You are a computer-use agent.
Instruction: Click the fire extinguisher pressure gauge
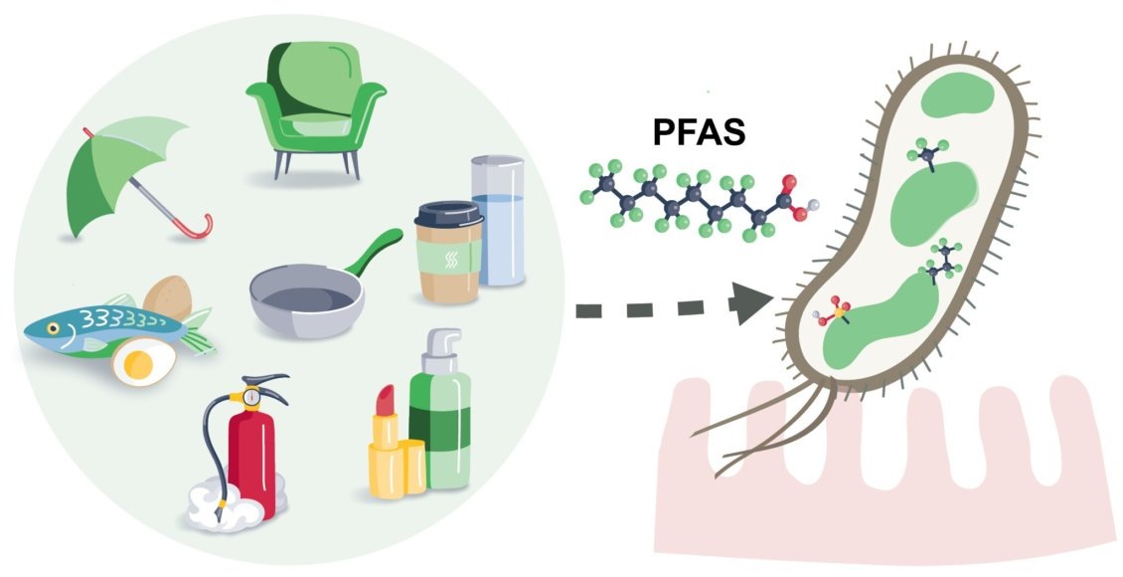(x=251, y=397)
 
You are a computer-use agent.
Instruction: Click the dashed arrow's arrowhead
(x=752, y=305)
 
